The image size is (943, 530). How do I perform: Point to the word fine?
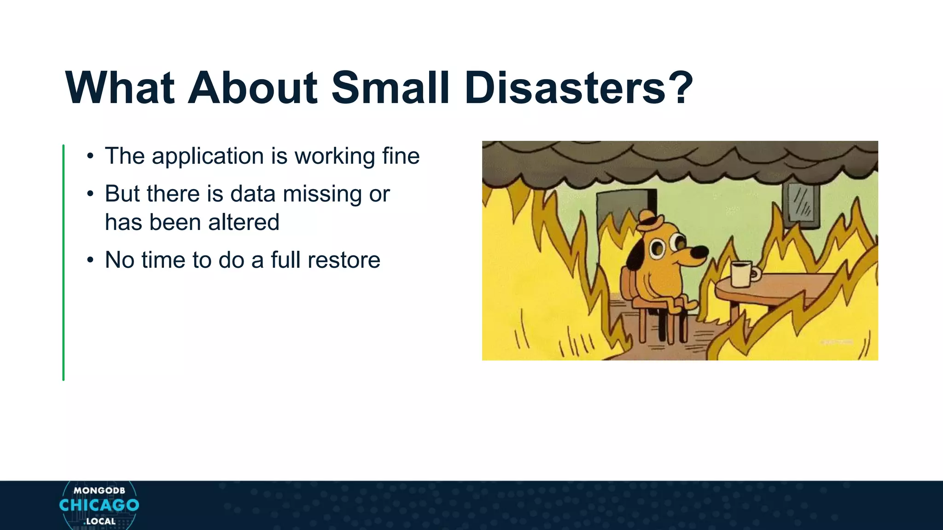[401, 156]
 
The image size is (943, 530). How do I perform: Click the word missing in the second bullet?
[322, 194]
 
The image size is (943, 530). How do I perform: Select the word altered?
[244, 223]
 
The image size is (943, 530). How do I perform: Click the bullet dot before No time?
[90, 260]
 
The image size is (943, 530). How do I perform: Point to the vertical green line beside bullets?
[64, 262]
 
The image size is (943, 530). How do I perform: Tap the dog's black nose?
[700, 252]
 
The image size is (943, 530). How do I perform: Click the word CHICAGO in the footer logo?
[99, 505]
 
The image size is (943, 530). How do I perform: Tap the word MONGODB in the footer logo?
[99, 490]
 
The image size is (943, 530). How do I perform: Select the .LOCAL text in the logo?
[100, 522]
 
